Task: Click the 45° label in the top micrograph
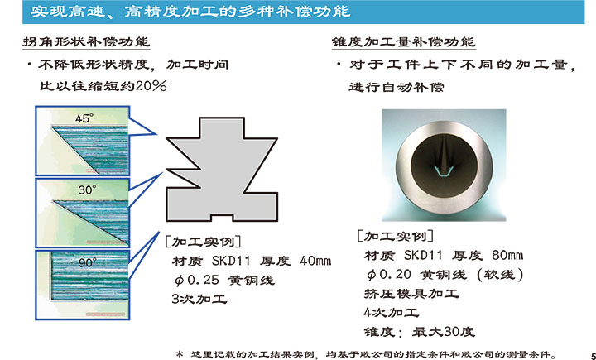tap(84, 118)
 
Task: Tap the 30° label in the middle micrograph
tap(88, 190)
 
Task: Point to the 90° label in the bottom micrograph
tap(88, 262)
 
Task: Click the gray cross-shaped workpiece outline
tap(222, 169)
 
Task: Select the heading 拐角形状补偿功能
tap(86, 41)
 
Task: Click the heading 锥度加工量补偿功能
tap(403, 41)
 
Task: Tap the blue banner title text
tap(190, 12)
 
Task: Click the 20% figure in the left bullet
tap(151, 86)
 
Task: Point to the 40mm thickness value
tap(315, 261)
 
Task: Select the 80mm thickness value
tap(507, 255)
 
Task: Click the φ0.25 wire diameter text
tap(197, 281)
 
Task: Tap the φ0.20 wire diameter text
tap(389, 274)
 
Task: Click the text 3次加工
tap(199, 299)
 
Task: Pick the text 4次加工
tap(392, 312)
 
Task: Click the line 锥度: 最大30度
tap(419, 332)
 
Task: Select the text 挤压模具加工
tap(411, 293)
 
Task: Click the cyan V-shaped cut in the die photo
tap(443, 170)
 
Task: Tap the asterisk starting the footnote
tap(180, 354)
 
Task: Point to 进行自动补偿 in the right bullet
tap(396, 87)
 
